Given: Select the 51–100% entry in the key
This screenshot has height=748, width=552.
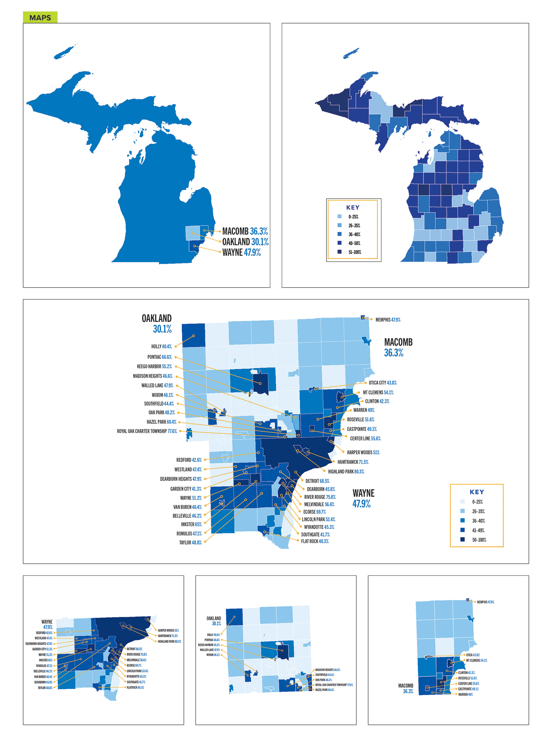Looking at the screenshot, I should pos(354,252).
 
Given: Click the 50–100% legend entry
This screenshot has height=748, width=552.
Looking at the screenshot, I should pos(479,540).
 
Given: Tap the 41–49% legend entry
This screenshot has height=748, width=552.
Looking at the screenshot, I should pos(478,530).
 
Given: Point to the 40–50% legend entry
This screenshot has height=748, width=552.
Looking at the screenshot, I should pos(354,243).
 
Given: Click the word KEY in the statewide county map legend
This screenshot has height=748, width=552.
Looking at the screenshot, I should pos(352,207).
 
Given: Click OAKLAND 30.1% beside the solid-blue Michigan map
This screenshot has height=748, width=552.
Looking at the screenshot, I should pos(245,242).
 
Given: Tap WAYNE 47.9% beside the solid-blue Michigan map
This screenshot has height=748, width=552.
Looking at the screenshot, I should pos(241,253).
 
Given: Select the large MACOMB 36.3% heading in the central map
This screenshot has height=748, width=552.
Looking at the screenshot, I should pos(398,347).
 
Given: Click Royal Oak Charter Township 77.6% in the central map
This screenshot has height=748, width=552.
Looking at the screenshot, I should pos(147,431).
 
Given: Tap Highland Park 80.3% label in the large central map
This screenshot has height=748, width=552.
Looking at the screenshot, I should pos(346,472).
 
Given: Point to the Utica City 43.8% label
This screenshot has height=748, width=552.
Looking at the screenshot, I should pos(383,383).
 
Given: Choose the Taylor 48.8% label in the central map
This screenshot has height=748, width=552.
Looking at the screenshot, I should pos(190,543).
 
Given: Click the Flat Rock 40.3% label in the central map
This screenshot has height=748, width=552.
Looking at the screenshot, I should pos(315,541).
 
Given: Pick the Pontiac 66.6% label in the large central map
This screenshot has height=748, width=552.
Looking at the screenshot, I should pos(159,357).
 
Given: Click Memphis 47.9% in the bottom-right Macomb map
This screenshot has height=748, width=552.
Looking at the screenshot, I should pos(485,602).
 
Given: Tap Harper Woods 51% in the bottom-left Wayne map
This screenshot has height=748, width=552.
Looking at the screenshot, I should pos(168,630).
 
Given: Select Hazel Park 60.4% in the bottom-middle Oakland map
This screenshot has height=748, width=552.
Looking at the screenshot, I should pos(325,690).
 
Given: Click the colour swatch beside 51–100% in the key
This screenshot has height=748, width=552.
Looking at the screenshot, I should pos(340,252).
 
